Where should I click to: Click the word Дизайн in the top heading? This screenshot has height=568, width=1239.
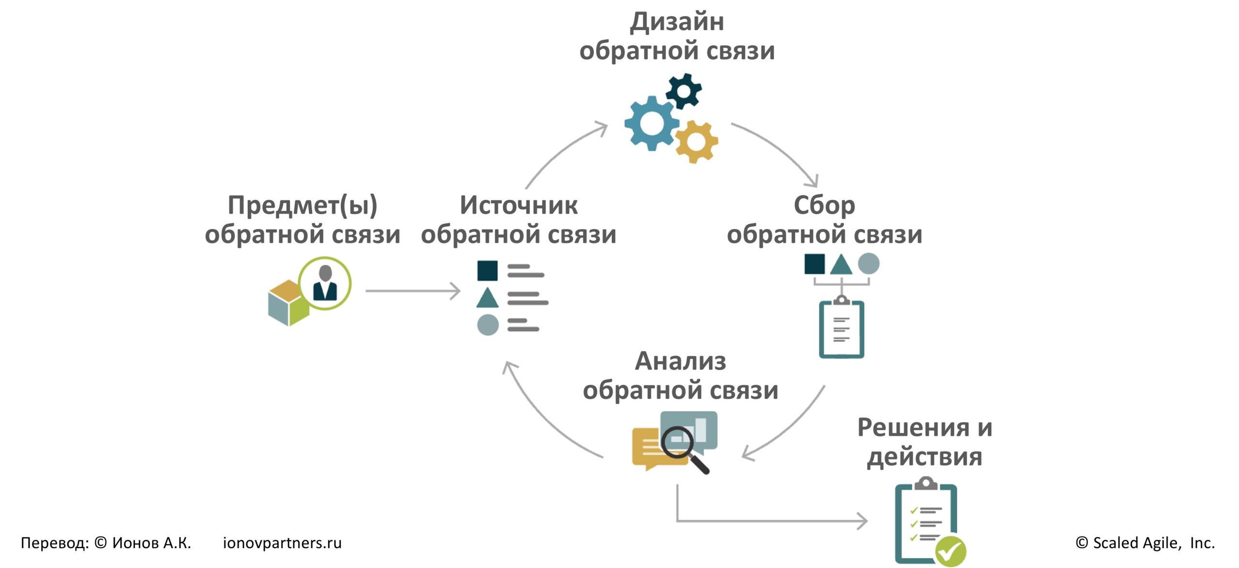(677, 22)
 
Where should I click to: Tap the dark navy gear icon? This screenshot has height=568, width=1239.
(683, 91)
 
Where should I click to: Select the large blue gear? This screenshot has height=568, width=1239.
(651, 123)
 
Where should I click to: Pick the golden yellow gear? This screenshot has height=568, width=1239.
(696, 141)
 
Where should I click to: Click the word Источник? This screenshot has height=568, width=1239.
(518, 205)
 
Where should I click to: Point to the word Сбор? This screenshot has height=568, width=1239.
(824, 205)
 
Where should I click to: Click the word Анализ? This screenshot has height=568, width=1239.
(680, 361)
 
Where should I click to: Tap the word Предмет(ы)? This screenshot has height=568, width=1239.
(302, 205)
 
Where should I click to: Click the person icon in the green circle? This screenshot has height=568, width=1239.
(325, 283)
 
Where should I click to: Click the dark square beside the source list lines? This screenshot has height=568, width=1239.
(487, 271)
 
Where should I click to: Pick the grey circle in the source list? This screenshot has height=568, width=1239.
(487, 325)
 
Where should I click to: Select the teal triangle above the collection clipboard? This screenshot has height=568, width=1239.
(841, 265)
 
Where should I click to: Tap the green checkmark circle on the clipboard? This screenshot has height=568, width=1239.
(950, 551)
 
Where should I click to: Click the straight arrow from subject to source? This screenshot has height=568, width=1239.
(412, 291)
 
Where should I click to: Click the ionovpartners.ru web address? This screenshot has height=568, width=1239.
(282, 543)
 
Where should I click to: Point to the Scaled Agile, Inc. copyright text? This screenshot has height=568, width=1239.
(1145, 543)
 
